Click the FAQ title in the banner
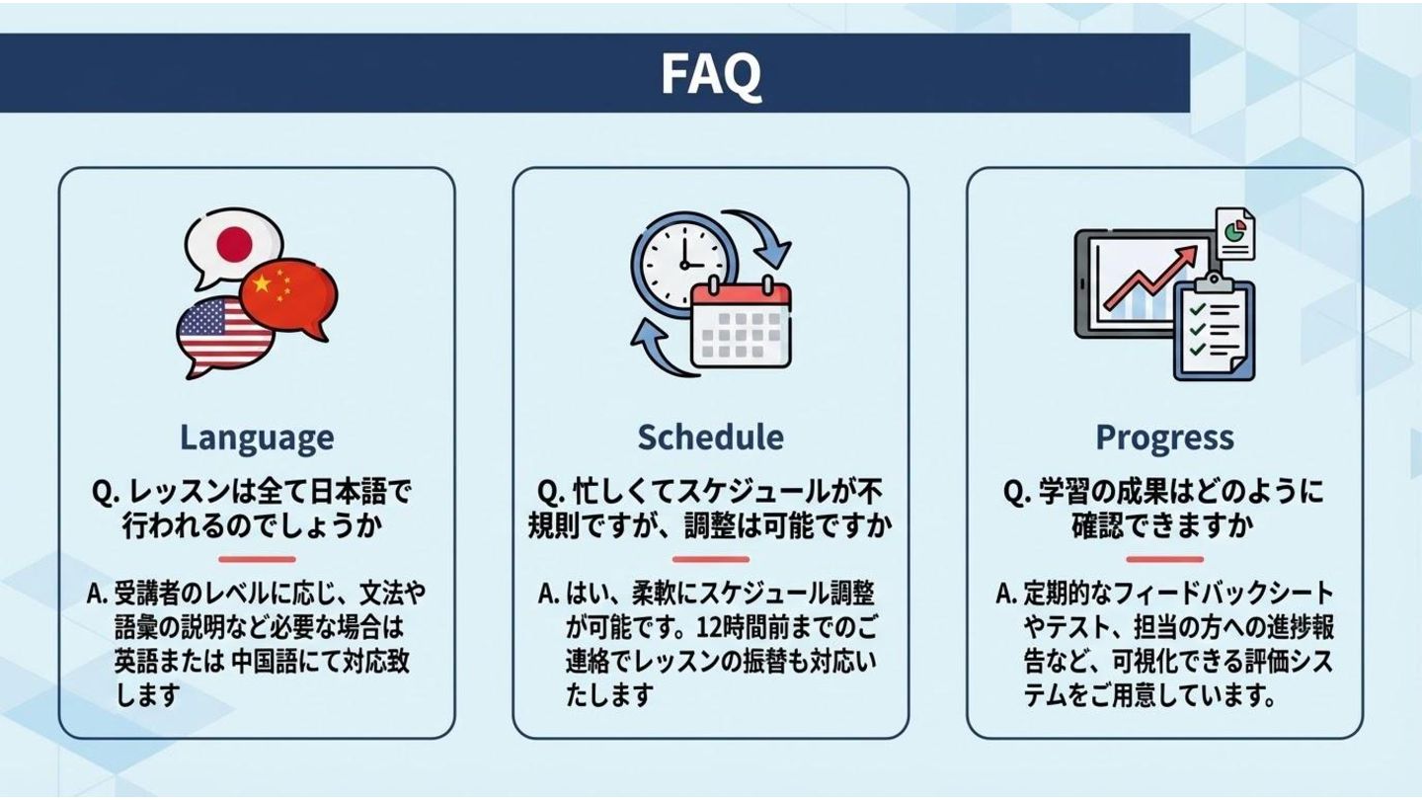pyautogui.click(x=710, y=73)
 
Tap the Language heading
pyautogui.click(x=257, y=437)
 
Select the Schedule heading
pyautogui.click(x=710, y=437)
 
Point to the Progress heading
pyautogui.click(x=1164, y=437)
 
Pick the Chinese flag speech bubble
pyautogui.click(x=288, y=294)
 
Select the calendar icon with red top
pyautogui.click(x=741, y=322)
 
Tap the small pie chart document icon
pyautogui.click(x=1234, y=232)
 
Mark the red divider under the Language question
pyautogui.click(x=257, y=559)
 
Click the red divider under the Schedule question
pyautogui.click(x=710, y=559)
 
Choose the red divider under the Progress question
pyautogui.click(x=1164, y=559)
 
